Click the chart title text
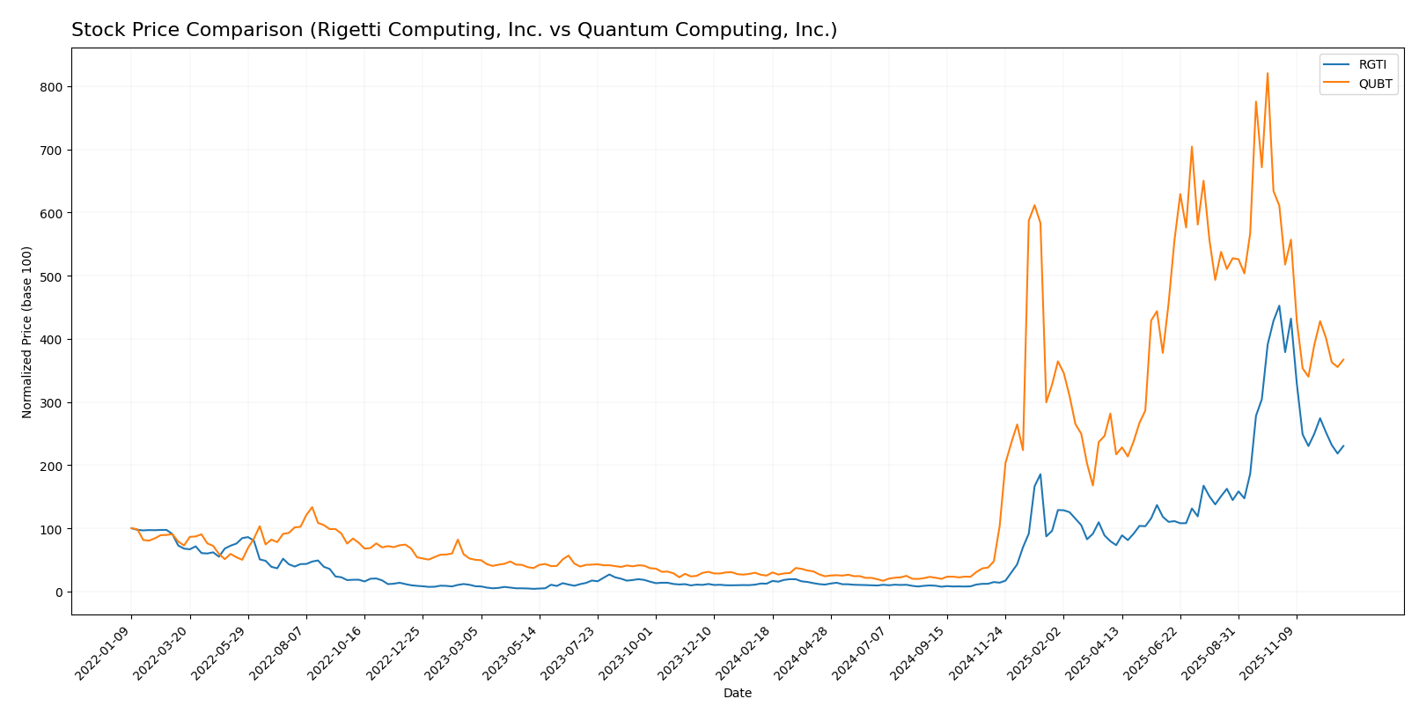454,30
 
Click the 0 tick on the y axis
59,592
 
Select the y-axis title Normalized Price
27,332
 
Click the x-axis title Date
737,694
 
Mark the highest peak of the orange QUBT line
1268,73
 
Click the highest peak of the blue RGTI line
1279,306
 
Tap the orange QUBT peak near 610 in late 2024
1034,205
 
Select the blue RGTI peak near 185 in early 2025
1040,475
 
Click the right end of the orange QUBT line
1343,359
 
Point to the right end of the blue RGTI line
1343,445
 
